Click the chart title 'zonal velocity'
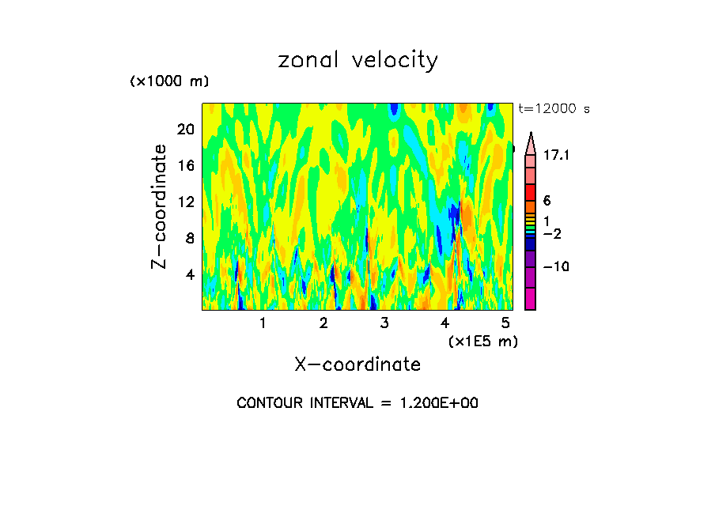click(357, 61)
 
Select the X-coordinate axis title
click(357, 364)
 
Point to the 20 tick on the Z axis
click(184, 130)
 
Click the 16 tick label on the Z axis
click(184, 166)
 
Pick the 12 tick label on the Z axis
click(184, 202)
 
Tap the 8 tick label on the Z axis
click(189, 239)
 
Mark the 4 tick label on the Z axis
click(189, 275)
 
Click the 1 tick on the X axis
click(263, 323)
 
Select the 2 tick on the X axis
click(323, 323)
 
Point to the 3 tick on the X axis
click(384, 323)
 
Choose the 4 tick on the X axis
click(445, 323)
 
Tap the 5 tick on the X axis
click(505, 323)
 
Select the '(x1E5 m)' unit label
click(482, 342)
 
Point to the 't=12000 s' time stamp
click(554, 109)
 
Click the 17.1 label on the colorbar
click(557, 156)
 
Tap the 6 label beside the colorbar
click(547, 202)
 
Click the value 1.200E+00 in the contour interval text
click(432, 403)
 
